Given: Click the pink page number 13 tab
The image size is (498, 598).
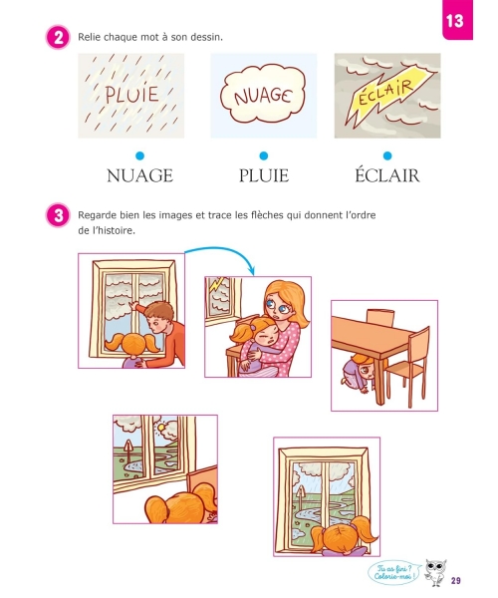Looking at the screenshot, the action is pos(457,19).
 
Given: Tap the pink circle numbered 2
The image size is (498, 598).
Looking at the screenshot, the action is pos(58,38).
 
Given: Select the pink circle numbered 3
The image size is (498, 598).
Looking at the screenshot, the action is pos(58,215).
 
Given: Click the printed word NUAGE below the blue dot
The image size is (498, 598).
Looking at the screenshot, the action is pos(139,175).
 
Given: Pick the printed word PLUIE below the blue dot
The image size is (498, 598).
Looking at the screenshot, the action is pos(264,175).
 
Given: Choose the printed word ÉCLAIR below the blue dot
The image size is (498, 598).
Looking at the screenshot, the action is pos(387,174).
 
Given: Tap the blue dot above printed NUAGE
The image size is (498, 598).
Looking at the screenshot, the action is pos(139,155).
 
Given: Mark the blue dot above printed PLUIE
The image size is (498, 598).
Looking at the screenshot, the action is pos(263,155).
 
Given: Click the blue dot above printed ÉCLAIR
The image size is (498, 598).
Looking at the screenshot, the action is pos(387,155).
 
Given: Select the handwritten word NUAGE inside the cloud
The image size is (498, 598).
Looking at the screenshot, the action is pos(263,96).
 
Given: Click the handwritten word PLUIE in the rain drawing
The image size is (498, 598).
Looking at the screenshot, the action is pos(131,95).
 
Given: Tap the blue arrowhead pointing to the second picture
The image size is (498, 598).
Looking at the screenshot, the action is pos(251,271).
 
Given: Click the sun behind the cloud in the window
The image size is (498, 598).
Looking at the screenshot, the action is pos(161,428).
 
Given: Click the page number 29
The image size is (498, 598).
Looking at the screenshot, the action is pos(456,580).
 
